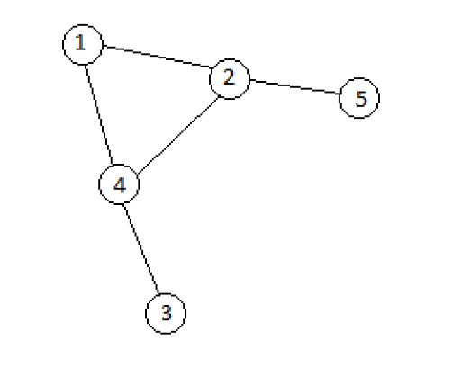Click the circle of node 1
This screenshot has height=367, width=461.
[63, 45]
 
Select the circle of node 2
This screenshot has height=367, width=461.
[209, 79]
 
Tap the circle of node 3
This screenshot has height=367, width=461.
[146, 314]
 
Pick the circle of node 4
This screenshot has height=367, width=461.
[99, 184]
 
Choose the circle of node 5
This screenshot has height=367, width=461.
[339, 98]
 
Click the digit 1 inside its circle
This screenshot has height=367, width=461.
[80, 42]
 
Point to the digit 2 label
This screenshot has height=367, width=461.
[229, 76]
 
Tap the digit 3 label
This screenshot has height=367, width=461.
[167, 312]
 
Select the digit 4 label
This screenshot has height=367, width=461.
[120, 184]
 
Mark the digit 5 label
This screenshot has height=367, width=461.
[361, 99]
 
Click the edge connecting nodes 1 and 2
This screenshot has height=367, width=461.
[158, 57]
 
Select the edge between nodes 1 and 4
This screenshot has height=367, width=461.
[99, 114]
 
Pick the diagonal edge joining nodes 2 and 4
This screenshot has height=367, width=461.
[178, 135]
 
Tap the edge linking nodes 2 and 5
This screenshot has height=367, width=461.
[294, 86]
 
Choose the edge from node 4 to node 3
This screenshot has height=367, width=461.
[140, 249]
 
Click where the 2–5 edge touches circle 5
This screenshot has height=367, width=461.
[339, 94]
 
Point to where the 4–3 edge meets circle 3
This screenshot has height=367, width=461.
[158, 293]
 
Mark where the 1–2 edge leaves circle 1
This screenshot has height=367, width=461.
[104, 46]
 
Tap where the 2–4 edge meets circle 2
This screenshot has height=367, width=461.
[219, 97]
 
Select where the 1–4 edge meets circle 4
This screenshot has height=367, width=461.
[113, 165]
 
